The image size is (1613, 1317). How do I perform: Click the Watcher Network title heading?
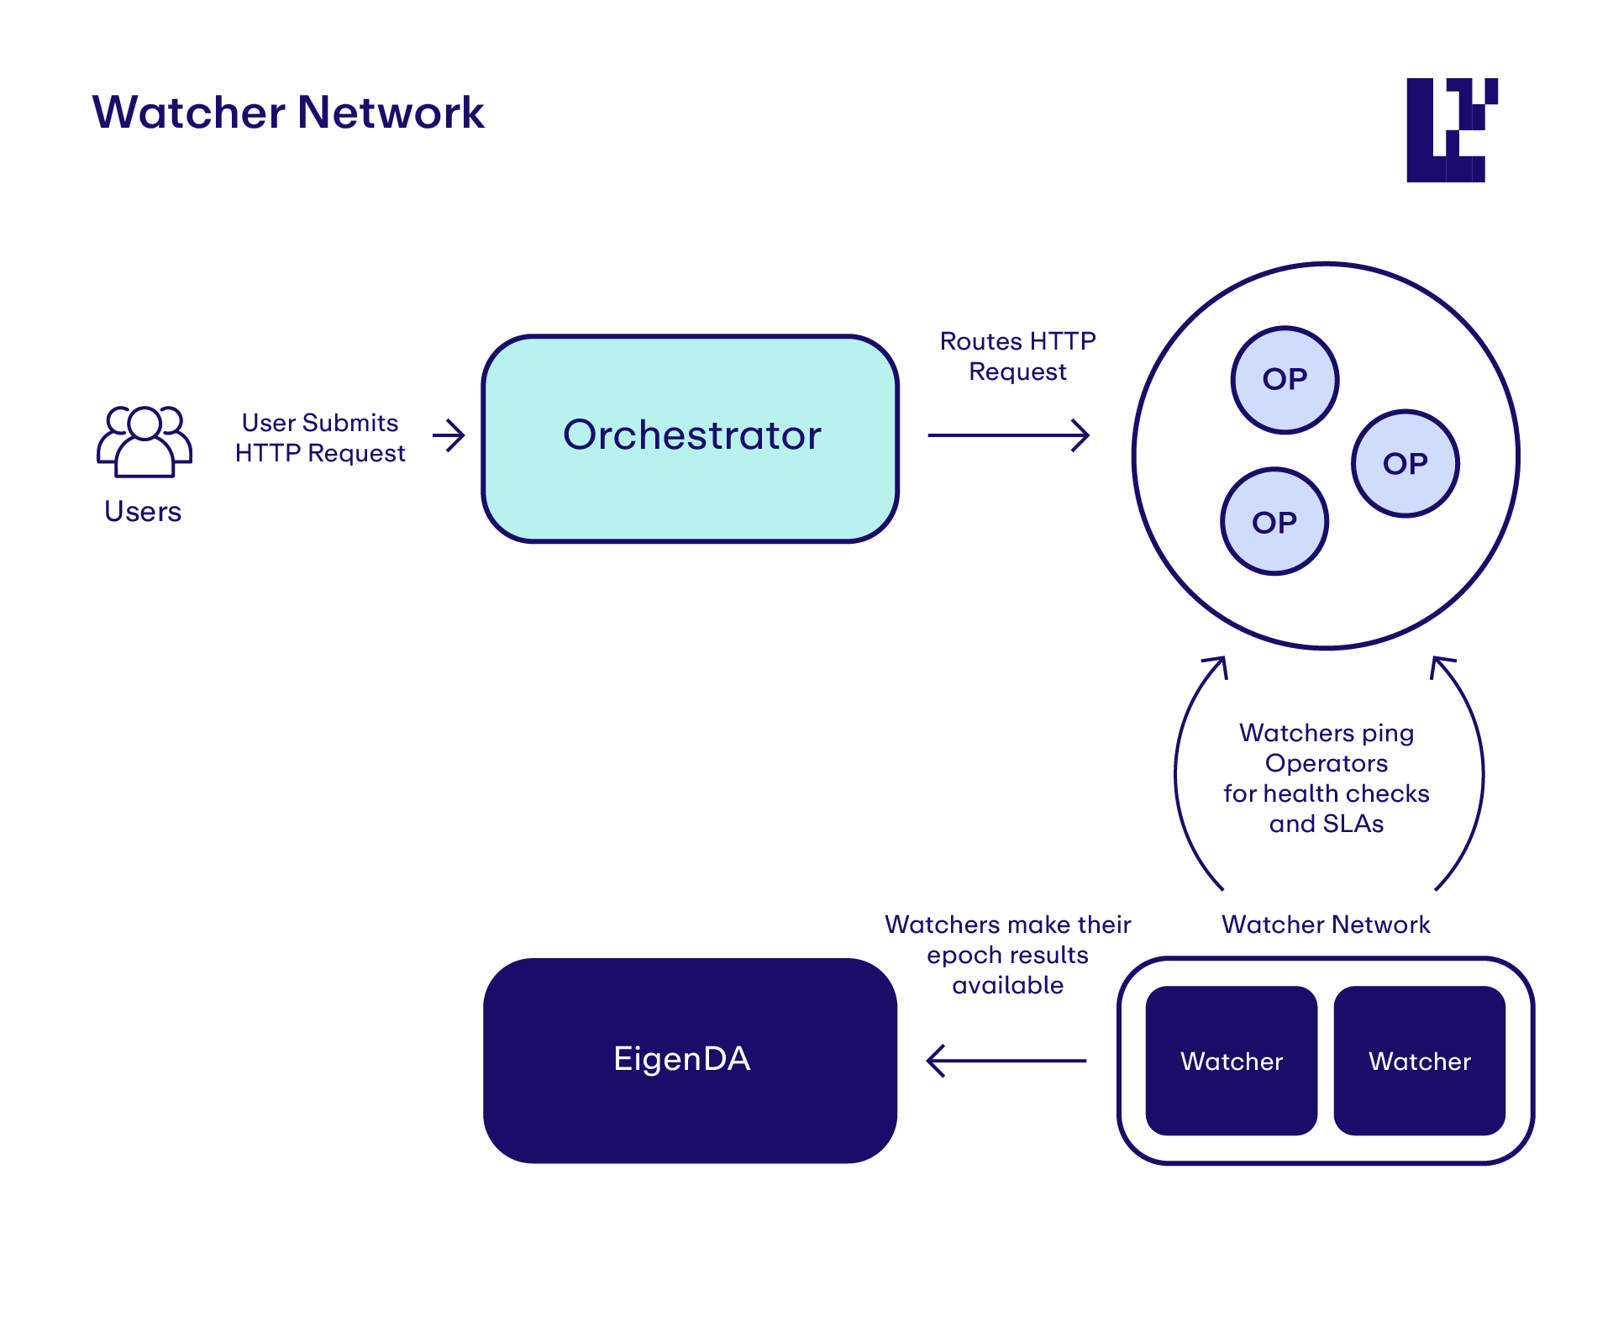pos(288,113)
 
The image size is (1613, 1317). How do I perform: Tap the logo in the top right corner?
pos(1451,130)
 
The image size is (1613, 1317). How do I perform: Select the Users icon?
pos(144,442)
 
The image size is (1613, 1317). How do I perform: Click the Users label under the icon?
pos(143,511)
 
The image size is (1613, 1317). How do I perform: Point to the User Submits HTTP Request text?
pos(320,438)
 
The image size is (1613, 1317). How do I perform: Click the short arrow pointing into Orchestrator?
pos(449,435)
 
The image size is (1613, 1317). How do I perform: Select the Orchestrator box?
pos(690,438)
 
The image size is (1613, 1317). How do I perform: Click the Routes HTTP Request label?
pos(1017,356)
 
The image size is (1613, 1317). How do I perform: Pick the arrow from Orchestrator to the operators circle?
pos(1008,435)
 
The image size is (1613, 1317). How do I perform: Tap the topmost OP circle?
pos(1285,380)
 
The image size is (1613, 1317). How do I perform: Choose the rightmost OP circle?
pos(1405,464)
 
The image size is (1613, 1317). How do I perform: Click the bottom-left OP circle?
pos(1274,522)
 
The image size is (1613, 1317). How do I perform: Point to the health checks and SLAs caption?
pos(1326,778)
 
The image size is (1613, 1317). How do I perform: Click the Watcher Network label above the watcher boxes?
pos(1326,925)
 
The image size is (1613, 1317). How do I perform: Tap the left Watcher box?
pos(1231,1061)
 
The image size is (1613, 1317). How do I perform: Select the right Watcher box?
pos(1419,1061)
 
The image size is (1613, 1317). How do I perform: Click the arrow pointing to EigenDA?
pos(1006,1061)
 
